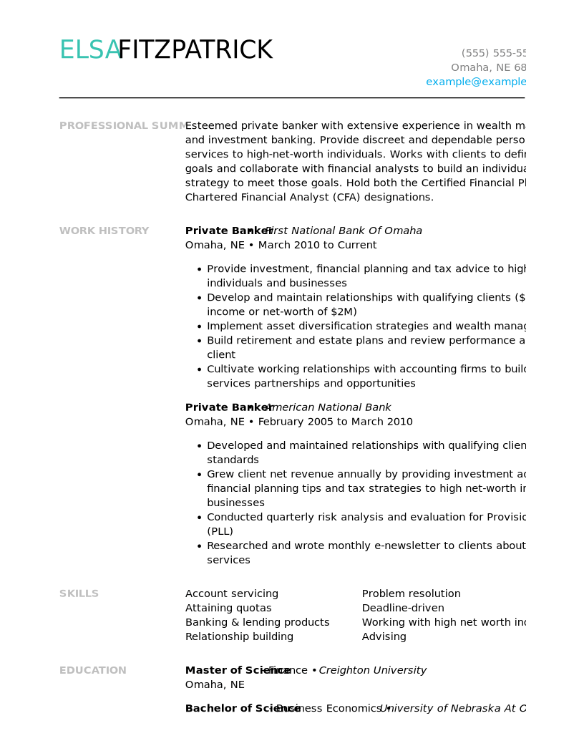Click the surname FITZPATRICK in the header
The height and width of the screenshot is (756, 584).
[x=195, y=51]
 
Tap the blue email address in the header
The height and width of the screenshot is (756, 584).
[x=476, y=82]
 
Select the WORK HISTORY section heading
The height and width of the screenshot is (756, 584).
[x=104, y=231]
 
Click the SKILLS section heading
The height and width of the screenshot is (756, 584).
[x=79, y=594]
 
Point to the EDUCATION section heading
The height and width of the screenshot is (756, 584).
[x=92, y=671]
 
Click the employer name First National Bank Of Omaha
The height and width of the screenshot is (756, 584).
[x=344, y=231]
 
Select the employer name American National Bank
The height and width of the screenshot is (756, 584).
[x=328, y=408]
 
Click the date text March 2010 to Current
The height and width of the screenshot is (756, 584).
[x=317, y=246]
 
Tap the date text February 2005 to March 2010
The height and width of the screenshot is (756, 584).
[x=335, y=422]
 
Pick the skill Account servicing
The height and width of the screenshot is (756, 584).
[x=232, y=594]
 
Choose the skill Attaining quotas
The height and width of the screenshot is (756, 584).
[x=228, y=609]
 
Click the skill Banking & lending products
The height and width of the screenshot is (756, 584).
[x=257, y=623]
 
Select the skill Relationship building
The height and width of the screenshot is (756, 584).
[x=239, y=637]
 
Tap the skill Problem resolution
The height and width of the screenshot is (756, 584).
[x=411, y=594]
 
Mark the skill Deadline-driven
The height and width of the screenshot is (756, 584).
[x=403, y=609]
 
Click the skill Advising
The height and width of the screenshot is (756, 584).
[x=384, y=637]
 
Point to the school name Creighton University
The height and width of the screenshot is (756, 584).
[x=372, y=671]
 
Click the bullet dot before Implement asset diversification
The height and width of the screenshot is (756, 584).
[x=199, y=327]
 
